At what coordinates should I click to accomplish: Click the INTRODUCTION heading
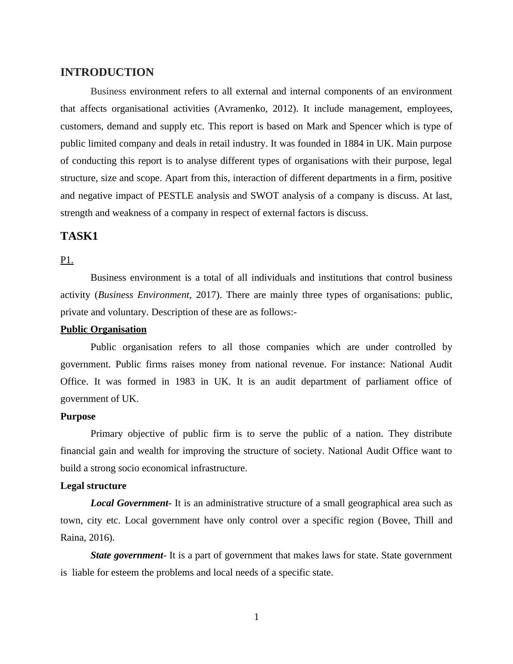pos(107,72)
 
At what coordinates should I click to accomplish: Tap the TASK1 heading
pos(79,236)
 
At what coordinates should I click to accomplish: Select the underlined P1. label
pos(67,260)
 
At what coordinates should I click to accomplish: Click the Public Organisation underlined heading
pos(103,329)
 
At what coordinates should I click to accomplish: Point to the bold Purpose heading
pos(78,417)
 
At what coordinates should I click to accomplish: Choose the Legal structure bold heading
pos(94,486)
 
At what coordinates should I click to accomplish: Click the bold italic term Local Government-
pos(131,503)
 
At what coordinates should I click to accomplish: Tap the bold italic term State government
pos(127,555)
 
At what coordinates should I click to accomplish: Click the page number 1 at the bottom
pos(256,617)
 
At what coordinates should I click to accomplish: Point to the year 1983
pos(185,382)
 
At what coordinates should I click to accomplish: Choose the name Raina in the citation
pos(72,538)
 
